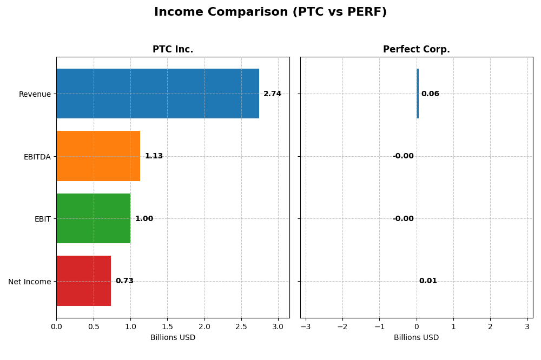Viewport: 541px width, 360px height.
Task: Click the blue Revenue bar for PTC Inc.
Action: pyautogui.click(x=157, y=94)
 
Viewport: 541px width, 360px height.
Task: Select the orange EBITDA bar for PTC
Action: pyautogui.click(x=98, y=156)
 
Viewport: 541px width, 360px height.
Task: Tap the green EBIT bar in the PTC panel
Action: pyautogui.click(x=93, y=218)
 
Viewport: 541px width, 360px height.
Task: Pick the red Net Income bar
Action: pyautogui.click(x=83, y=281)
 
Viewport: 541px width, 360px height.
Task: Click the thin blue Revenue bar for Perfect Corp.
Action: pyautogui.click(x=418, y=94)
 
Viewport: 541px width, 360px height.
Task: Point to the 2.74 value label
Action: pyautogui.click(x=272, y=94)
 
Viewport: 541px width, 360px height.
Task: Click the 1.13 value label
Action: pyautogui.click(x=154, y=156)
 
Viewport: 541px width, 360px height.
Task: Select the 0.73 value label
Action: pyautogui.click(x=124, y=281)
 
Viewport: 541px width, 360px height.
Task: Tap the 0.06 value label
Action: pyautogui.click(x=430, y=94)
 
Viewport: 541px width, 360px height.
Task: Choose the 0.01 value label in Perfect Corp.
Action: pyautogui.click(x=428, y=281)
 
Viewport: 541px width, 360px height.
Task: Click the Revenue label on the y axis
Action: pyautogui.click(x=35, y=95)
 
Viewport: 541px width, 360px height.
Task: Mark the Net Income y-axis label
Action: pyautogui.click(x=30, y=282)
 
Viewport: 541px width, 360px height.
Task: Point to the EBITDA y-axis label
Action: pyautogui.click(x=37, y=157)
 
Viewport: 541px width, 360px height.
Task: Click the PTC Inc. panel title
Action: pyautogui.click(x=173, y=50)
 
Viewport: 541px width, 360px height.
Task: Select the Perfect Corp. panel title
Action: pyautogui.click(x=416, y=50)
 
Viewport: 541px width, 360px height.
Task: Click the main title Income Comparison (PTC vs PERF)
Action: pyautogui.click(x=270, y=12)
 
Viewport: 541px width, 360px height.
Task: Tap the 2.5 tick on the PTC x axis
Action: pyautogui.click(x=241, y=327)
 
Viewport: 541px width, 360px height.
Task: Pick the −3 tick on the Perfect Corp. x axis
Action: pyautogui.click(x=306, y=327)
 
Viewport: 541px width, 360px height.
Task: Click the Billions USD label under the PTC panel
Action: pyautogui.click(x=173, y=338)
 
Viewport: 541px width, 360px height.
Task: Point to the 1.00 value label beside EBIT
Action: pyautogui.click(x=144, y=219)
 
